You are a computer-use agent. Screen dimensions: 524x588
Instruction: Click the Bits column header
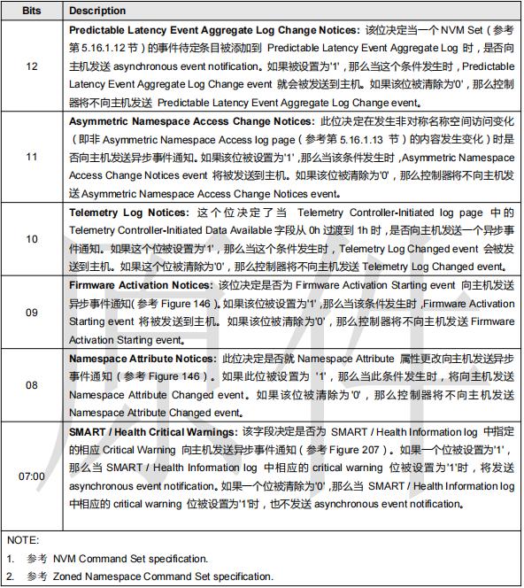(32, 11)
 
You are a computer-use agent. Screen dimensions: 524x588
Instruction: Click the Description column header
(98, 11)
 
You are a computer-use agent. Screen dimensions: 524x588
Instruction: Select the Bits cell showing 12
(32, 66)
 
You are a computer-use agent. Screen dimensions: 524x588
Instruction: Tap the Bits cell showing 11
(32, 157)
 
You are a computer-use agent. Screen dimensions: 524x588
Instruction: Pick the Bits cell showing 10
(32, 239)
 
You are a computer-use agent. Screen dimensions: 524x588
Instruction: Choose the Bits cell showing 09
(32, 312)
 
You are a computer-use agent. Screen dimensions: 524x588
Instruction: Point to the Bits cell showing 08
(32, 385)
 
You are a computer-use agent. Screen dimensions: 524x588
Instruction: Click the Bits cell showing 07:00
(32, 476)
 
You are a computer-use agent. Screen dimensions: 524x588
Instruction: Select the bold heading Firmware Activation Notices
(141, 286)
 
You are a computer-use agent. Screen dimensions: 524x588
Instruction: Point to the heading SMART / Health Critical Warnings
(152, 431)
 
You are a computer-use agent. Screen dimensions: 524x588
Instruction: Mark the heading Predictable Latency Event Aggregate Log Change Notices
(213, 29)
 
